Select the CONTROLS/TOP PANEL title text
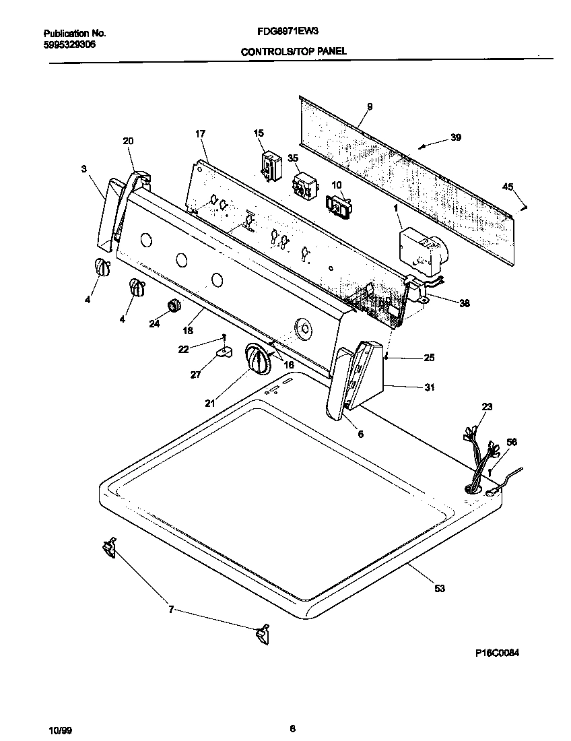click(x=294, y=51)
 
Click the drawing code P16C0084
click(x=495, y=653)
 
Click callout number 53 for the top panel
click(x=440, y=589)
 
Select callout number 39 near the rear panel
click(x=456, y=137)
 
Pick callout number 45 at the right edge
click(x=508, y=187)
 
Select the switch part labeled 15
click(x=270, y=166)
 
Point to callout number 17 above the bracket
click(x=200, y=134)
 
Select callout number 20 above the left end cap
click(x=128, y=141)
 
